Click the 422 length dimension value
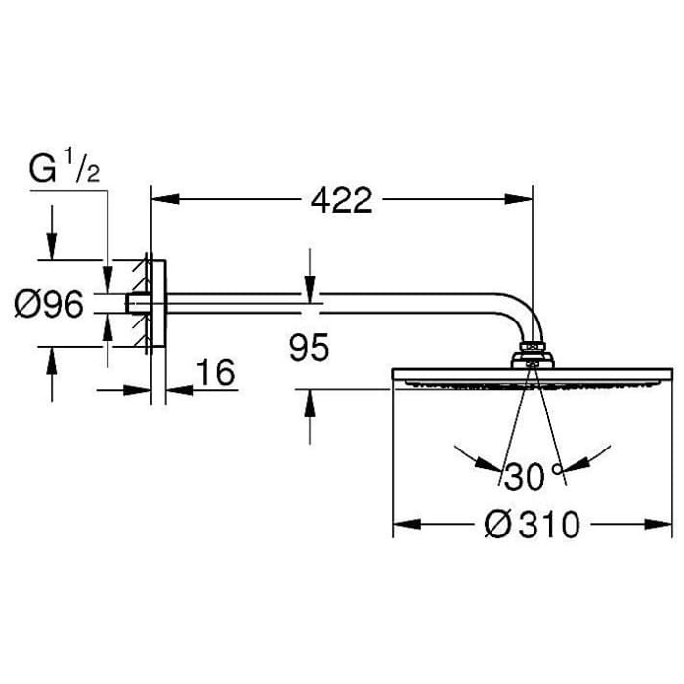tap(341, 200)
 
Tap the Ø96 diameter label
tap(49, 306)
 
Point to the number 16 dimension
tap(216, 373)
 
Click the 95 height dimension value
tap(309, 348)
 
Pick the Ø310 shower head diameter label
tap(532, 526)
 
